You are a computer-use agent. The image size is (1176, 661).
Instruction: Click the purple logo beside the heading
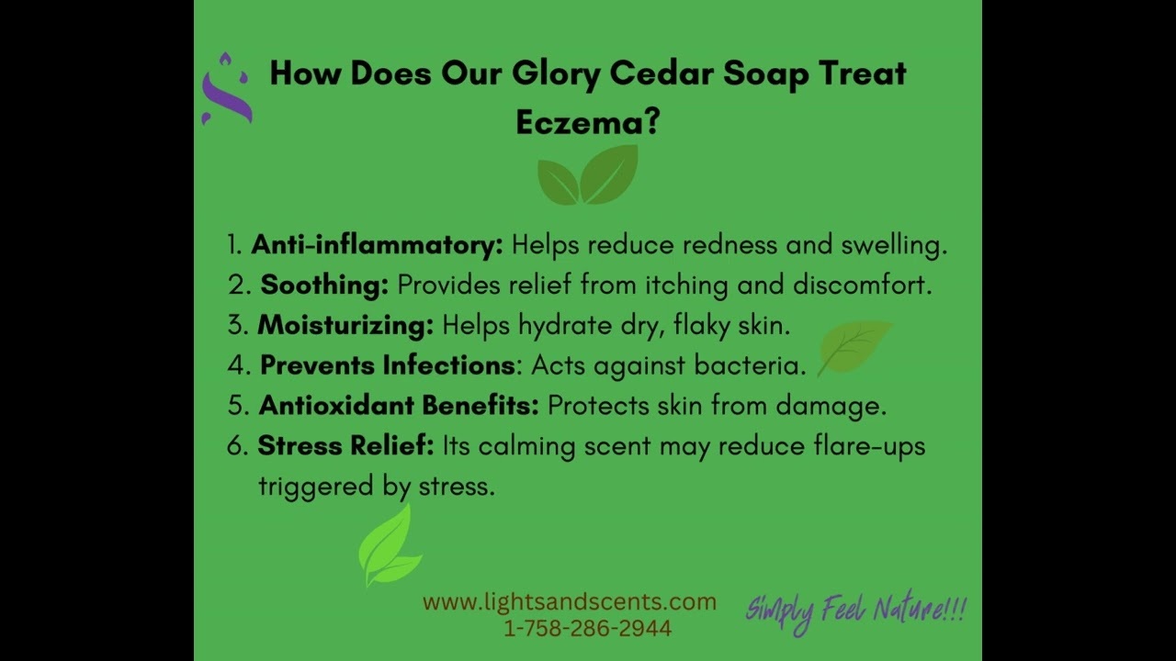(227, 90)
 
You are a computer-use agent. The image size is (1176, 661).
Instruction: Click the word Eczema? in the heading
(587, 122)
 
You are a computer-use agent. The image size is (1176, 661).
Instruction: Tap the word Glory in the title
(556, 74)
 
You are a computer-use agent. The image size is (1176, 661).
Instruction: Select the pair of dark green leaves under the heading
(588, 174)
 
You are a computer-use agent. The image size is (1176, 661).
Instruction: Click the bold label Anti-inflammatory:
(377, 245)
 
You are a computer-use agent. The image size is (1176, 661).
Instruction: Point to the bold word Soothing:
(324, 285)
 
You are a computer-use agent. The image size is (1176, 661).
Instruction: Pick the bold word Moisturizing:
(345, 325)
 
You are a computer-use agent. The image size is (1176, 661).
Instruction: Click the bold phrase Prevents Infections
(388, 365)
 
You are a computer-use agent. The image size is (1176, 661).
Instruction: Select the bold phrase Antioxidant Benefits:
(399, 406)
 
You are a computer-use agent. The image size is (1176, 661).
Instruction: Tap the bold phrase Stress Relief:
(346, 445)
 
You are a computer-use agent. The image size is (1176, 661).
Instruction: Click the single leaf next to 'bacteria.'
(854, 348)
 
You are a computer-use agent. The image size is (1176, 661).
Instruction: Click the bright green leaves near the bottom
(390, 545)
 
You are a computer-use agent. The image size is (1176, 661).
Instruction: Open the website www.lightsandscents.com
(570, 601)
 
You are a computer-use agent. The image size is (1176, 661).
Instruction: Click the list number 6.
(237, 446)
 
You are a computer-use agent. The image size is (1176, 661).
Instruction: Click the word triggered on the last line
(316, 487)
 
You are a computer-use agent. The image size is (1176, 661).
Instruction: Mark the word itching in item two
(686, 286)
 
